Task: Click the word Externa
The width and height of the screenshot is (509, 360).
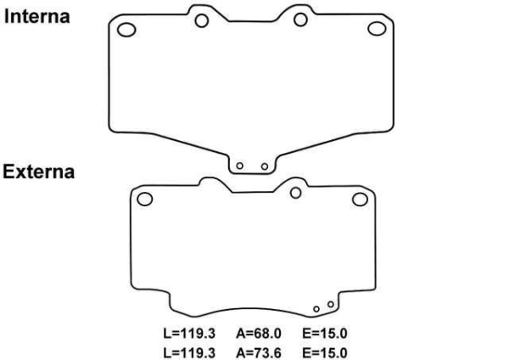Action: point(38,172)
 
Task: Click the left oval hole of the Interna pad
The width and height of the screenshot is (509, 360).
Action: point(126,31)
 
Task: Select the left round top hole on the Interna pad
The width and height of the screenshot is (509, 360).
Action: point(202,20)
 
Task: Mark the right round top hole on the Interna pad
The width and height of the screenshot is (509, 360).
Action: point(301,20)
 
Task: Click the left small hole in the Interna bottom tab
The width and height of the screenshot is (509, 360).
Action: point(240,166)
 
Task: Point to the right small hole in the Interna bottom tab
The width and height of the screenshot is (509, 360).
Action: point(265,166)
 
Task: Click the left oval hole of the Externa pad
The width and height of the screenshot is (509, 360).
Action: point(145,200)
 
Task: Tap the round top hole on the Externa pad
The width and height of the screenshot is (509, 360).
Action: point(295,192)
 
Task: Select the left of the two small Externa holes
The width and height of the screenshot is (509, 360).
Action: point(316,308)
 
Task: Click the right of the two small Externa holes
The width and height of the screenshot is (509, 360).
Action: point(331,303)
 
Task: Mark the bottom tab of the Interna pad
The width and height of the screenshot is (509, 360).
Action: point(253,161)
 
